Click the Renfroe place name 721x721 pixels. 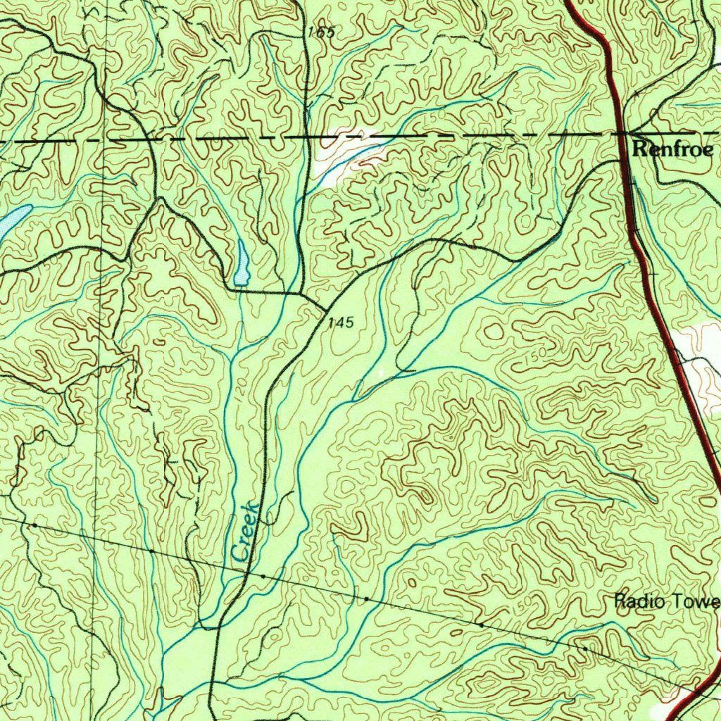tap(672, 149)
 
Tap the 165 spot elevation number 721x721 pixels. tap(321, 32)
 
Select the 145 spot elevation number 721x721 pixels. tap(340, 322)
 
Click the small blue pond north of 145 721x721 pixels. tap(242, 263)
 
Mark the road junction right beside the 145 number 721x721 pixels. tap(325, 309)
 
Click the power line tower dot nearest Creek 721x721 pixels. tap(263, 576)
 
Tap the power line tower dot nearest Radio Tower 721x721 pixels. tap(584, 648)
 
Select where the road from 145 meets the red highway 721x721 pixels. tap(624, 161)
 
